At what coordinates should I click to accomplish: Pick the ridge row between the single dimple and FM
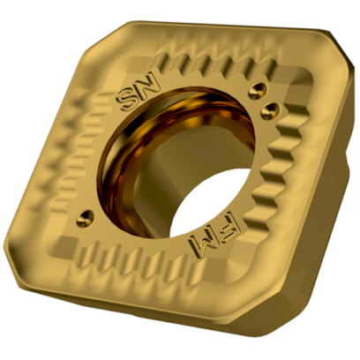pyautogui.click(x=132, y=265)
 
